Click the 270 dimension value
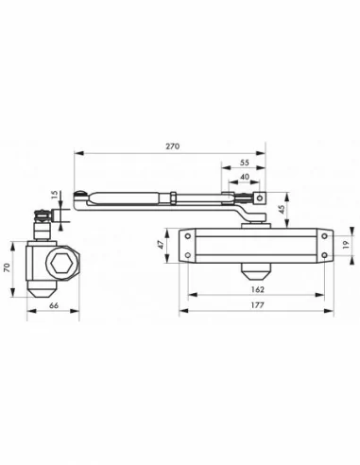pos(172,146)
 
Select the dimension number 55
pos(245,163)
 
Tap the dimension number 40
pos(245,177)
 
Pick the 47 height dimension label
pos(162,245)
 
